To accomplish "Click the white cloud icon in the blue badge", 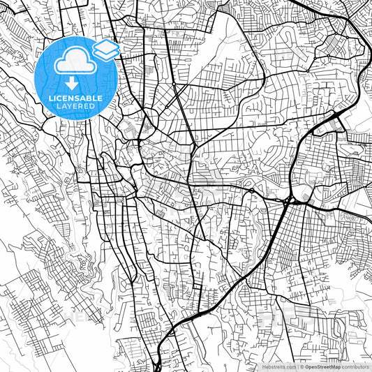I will (73, 62).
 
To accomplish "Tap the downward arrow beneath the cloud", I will (73, 84).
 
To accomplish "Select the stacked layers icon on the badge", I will (106, 49).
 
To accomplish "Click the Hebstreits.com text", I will (279, 366).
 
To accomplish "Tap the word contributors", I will (356, 366).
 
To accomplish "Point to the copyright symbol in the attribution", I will (300, 366).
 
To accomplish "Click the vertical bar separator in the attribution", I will (296, 366).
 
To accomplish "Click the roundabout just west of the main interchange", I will (252, 190).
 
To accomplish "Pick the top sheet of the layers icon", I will (106, 45).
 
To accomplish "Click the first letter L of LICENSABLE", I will (50, 99).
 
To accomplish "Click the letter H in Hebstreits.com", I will (265, 366).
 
